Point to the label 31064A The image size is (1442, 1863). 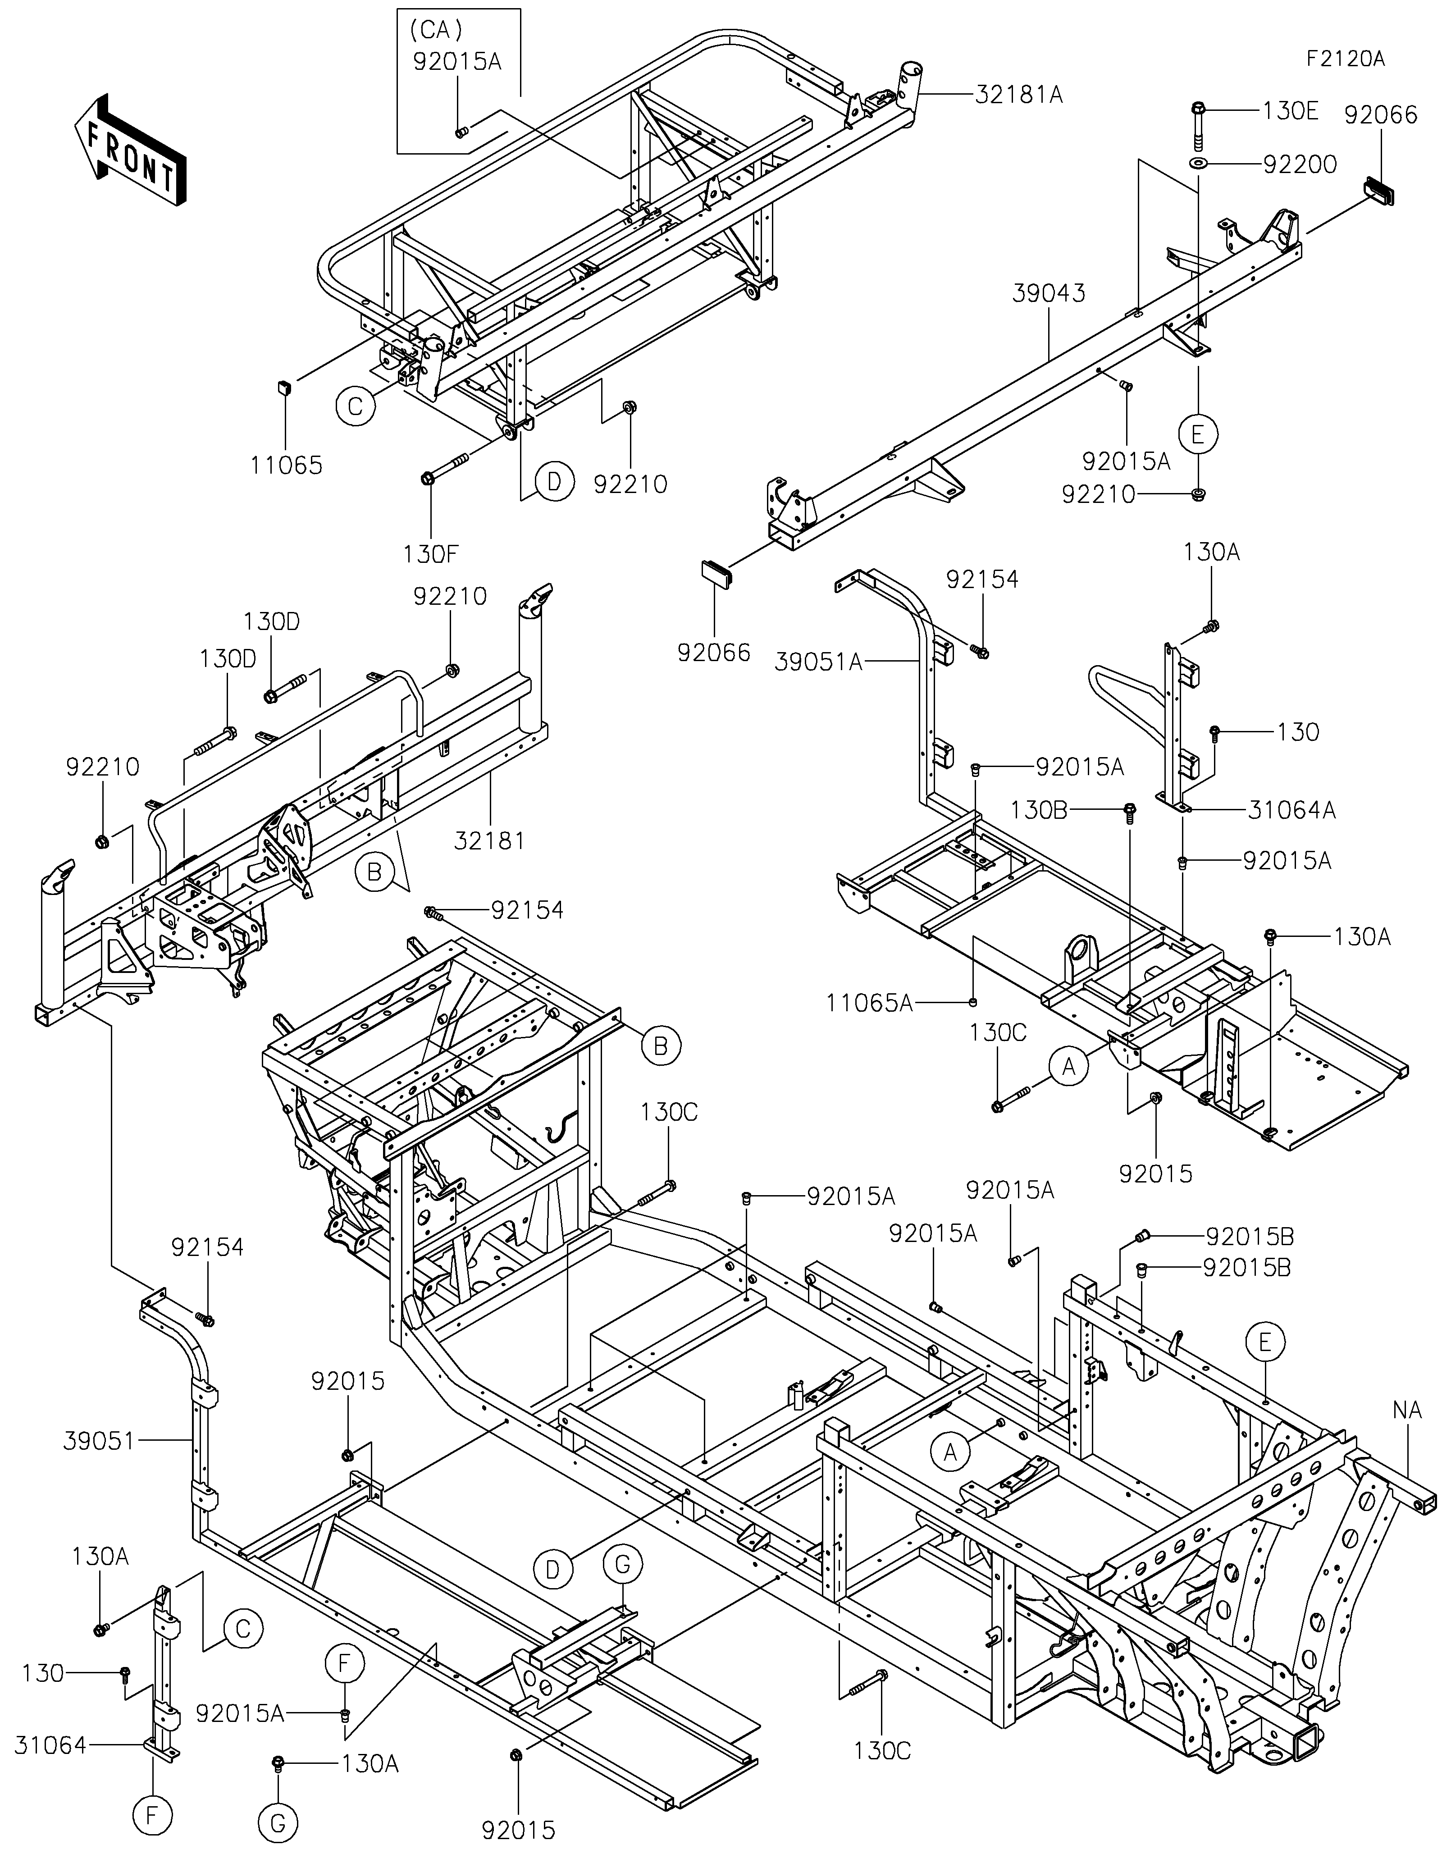coord(1292,810)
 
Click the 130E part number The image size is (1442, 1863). coord(1290,111)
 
